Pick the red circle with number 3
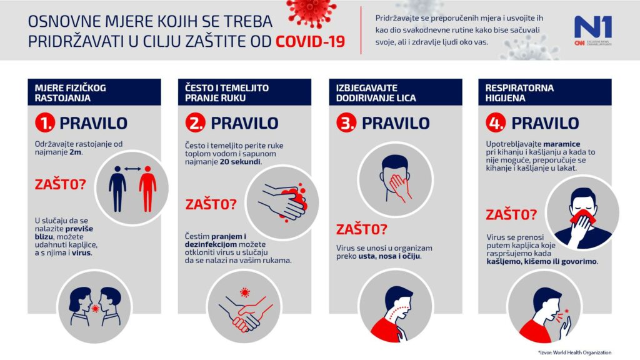coord(346,123)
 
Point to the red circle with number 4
coord(496,123)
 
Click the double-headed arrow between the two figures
coord(132,169)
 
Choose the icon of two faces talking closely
coord(94,306)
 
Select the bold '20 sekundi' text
coord(241,161)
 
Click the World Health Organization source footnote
coord(582,352)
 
